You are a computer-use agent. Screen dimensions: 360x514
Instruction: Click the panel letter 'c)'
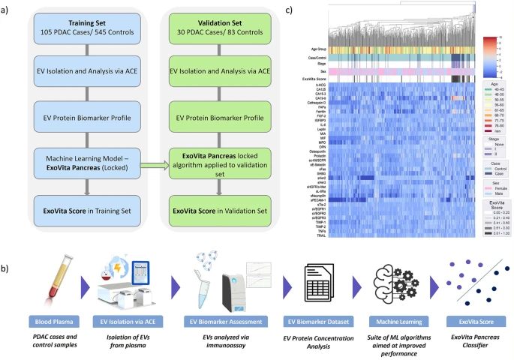291,10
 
